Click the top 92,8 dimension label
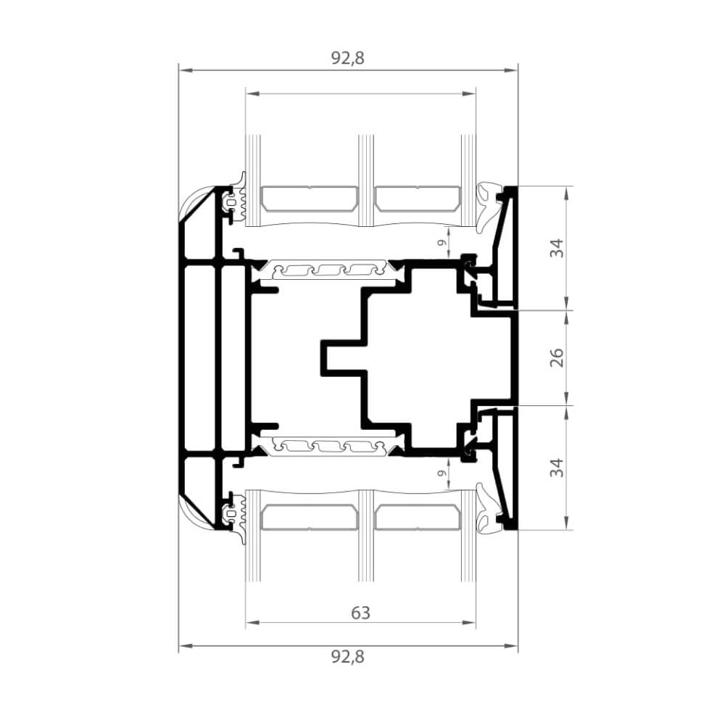coord(348,58)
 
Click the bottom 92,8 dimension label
coord(348,656)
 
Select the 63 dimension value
coord(360,613)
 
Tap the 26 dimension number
coord(557,357)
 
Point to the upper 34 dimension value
coord(557,248)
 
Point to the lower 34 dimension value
coord(557,468)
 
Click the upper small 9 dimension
coord(442,242)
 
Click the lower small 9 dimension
coord(442,473)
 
